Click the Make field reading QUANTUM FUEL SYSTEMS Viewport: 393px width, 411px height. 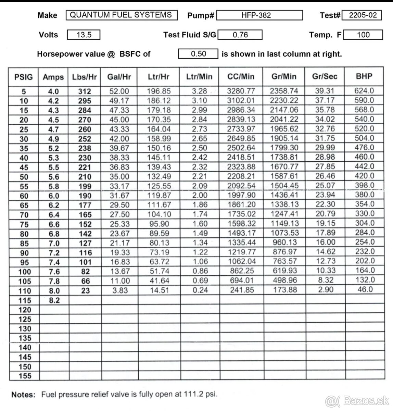coord(121,15)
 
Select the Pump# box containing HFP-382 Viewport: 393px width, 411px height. coord(260,15)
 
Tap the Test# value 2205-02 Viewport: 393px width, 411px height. coord(363,15)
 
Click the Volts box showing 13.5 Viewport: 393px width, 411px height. coord(84,35)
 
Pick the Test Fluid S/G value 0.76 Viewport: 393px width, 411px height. coord(240,35)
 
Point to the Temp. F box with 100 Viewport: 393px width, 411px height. coord(363,35)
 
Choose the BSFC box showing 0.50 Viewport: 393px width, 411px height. coord(198,54)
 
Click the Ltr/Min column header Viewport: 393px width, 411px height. coord(199,77)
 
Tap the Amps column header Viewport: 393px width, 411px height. coord(53,77)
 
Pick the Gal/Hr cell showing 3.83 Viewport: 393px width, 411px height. coord(119,290)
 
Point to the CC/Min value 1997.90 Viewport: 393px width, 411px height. coord(241,195)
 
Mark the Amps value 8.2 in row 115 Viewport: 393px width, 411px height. coord(54,300)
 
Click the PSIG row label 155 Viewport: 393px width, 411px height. coord(24,376)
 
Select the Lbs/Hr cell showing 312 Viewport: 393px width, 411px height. coord(85,91)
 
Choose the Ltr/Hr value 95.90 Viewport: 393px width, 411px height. coord(159,224)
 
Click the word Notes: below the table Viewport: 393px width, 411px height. coord(23,395)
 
